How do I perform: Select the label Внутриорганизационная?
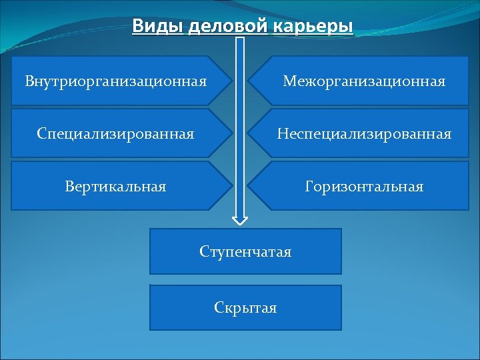pos(115,81)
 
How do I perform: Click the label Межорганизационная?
pos(363,81)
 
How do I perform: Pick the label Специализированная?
pos(115,134)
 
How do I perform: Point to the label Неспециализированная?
pos(364,134)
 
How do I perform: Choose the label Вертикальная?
pos(115,187)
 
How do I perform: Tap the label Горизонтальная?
pos(364,187)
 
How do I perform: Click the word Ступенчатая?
pos(245,252)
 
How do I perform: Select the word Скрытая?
pos(245,308)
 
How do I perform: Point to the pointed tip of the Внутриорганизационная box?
pos(231,81)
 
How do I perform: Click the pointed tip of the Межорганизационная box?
pos(249,81)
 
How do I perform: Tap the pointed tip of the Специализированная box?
pos(231,134)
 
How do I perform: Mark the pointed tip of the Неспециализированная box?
pos(249,134)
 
